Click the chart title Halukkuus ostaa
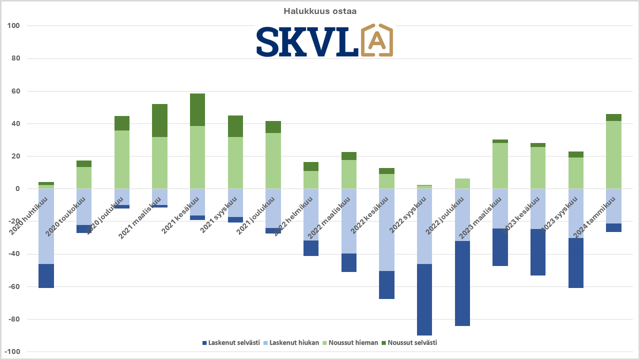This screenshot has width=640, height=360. pyautogui.click(x=320, y=11)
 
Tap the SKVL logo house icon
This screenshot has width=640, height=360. pyautogui.click(x=376, y=40)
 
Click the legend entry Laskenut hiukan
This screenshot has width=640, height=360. pyautogui.click(x=291, y=342)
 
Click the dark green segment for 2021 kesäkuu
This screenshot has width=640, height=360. pyautogui.click(x=197, y=109)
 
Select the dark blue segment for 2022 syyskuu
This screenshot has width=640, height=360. pyautogui.click(x=424, y=299)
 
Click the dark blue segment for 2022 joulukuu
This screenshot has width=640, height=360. pyautogui.click(x=462, y=283)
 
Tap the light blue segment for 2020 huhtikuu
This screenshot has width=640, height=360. pyautogui.click(x=46, y=226)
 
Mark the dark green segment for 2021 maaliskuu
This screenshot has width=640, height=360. pyautogui.click(x=159, y=120)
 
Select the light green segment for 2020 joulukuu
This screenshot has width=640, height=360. pyautogui.click(x=122, y=159)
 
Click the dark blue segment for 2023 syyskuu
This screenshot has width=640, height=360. pyautogui.click(x=576, y=262)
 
